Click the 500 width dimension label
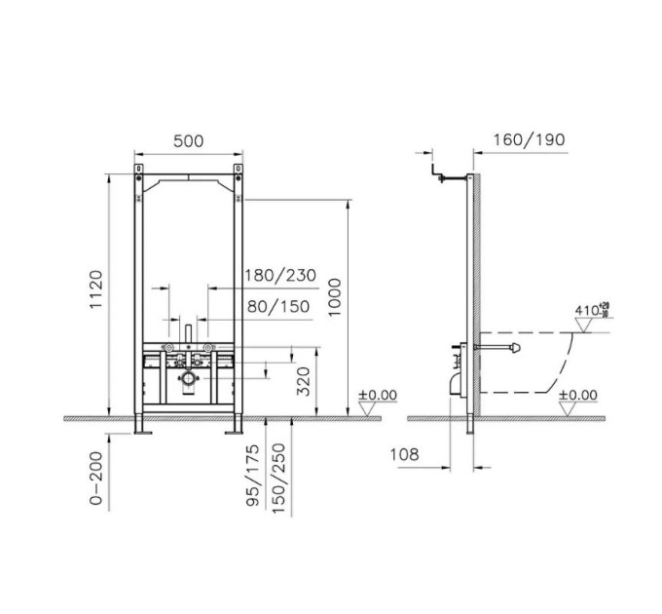coord(188,141)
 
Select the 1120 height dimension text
coord(96,289)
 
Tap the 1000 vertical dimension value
coord(334,297)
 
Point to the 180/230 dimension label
coord(280,276)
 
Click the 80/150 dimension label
coord(278,306)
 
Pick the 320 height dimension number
coord(303,381)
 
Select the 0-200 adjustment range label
coord(96,478)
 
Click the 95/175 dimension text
coord(253,475)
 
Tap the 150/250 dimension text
coord(279,479)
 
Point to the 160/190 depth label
coord(529,140)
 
